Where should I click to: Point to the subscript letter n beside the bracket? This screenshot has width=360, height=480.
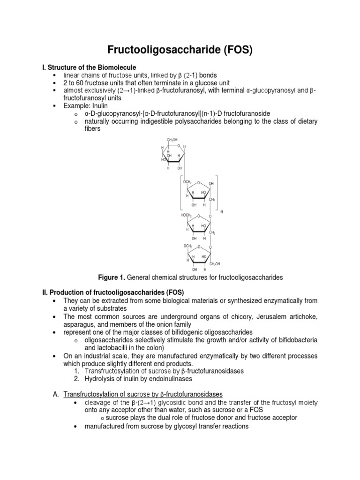(x=222, y=212)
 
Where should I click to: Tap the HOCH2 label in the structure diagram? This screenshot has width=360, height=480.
(x=187, y=216)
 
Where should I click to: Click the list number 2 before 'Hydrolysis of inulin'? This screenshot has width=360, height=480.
(x=77, y=378)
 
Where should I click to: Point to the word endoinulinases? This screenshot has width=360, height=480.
(x=170, y=378)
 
